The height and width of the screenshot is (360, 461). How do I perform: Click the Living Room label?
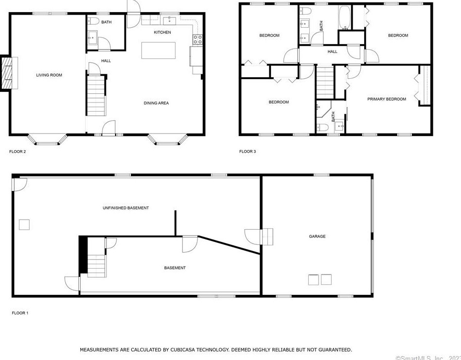point(49,75)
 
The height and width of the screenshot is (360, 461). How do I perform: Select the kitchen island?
point(159,51)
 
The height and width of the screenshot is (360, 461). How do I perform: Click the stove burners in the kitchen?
point(197,39)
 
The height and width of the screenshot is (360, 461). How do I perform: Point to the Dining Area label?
point(156,103)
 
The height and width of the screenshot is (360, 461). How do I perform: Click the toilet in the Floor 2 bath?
point(93,21)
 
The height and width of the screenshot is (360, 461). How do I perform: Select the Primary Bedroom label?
point(387,99)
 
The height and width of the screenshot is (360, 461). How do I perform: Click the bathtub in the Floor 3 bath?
point(344,17)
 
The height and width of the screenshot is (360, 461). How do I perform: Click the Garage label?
point(317,237)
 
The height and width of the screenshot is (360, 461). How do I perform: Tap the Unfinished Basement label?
point(125,208)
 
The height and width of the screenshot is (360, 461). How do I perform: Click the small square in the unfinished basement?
point(24,224)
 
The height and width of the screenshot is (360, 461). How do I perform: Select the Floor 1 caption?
point(20,313)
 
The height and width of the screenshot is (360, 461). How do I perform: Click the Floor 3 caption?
point(248,152)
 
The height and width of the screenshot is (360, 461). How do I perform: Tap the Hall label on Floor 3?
point(332,51)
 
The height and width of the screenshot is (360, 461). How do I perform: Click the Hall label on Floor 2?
point(106,61)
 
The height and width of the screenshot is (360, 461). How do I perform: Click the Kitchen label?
point(162,32)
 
